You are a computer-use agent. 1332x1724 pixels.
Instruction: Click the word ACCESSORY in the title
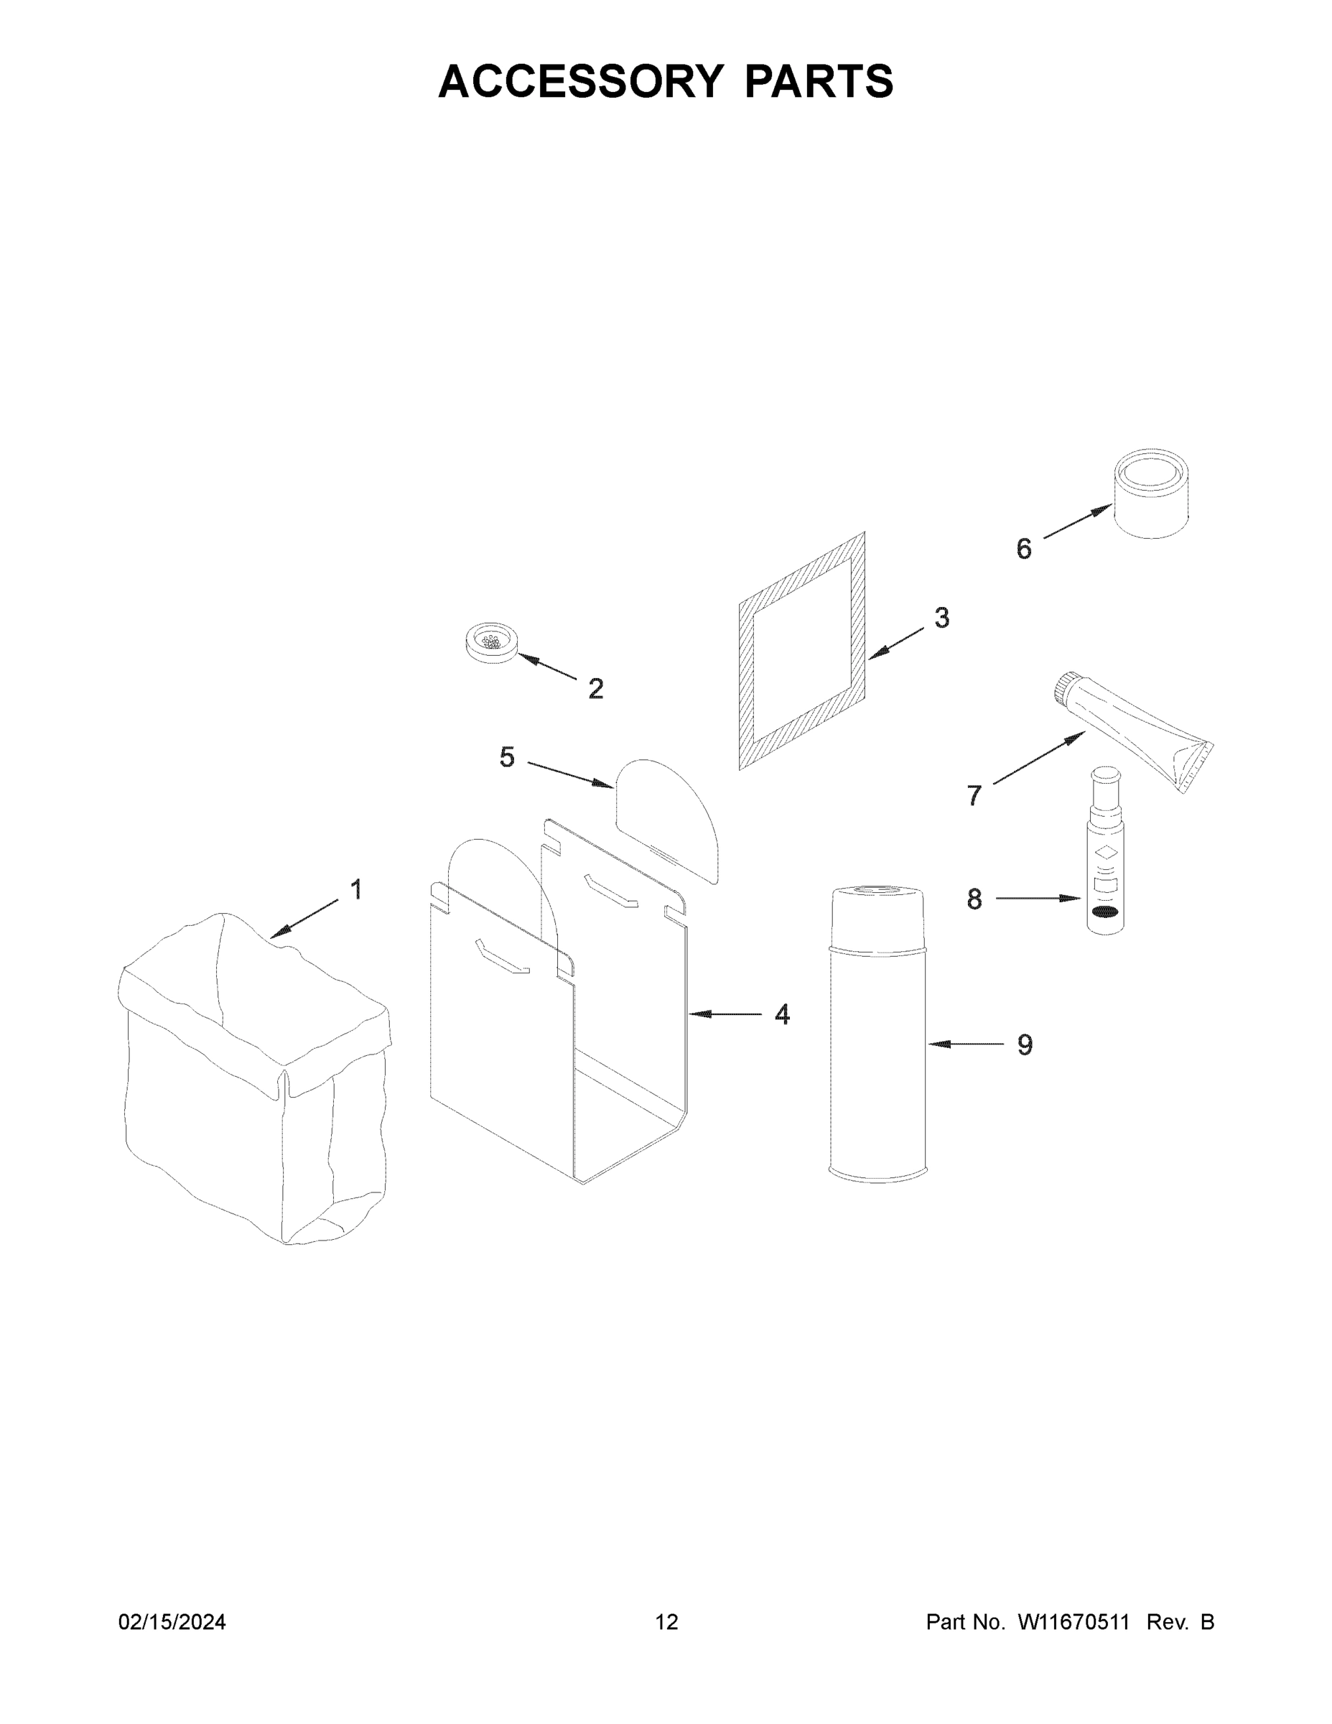tap(580, 80)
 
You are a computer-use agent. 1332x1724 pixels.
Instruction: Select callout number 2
tap(596, 689)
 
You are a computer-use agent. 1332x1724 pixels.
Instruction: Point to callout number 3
tap(941, 617)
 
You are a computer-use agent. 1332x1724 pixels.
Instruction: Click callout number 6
tap(1023, 549)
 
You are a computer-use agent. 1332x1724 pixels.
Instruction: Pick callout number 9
tap(1024, 1045)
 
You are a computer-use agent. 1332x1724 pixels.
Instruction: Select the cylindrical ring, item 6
tap(1151, 495)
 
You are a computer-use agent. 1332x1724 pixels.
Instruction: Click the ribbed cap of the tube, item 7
tap(1067, 687)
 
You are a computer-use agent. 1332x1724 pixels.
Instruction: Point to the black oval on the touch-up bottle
tap(1105, 913)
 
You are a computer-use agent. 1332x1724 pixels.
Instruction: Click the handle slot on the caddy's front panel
tap(502, 957)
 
